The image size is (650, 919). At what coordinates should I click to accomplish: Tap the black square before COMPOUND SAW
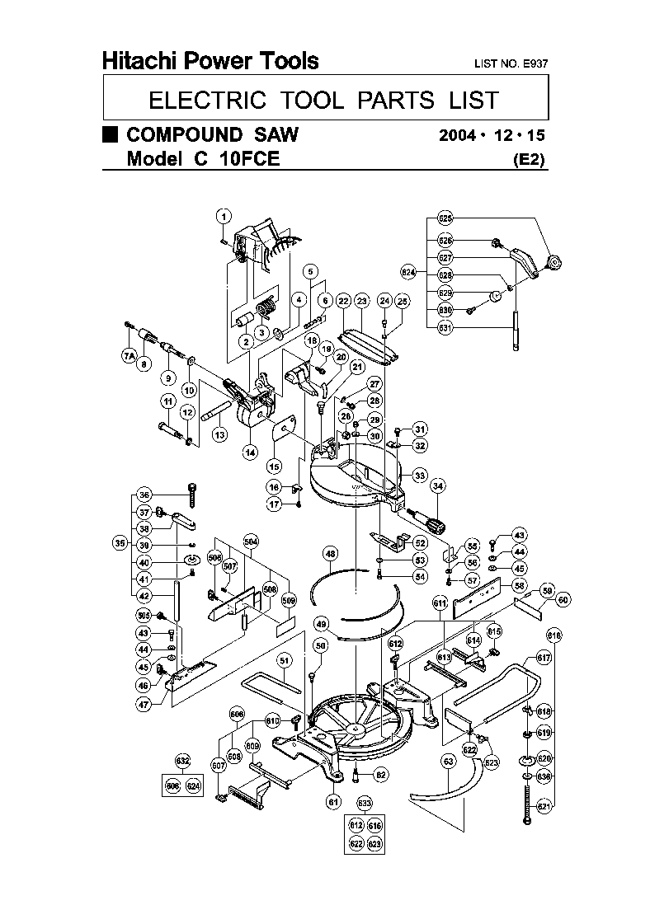tap(110, 135)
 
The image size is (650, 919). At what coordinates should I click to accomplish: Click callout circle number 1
tap(223, 217)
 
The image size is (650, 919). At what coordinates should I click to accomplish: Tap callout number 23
tap(362, 301)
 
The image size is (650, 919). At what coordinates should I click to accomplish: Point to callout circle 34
tap(437, 485)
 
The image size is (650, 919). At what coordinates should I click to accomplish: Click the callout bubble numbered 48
tap(330, 554)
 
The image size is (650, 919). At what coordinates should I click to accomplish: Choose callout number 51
tap(284, 659)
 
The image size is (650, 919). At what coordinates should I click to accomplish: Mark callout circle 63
tap(448, 762)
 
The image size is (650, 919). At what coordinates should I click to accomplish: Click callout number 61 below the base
tap(333, 801)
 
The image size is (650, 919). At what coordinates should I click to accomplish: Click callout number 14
tap(249, 452)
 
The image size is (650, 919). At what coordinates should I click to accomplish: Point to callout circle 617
tap(544, 658)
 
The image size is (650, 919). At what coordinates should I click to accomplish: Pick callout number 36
tap(144, 495)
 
